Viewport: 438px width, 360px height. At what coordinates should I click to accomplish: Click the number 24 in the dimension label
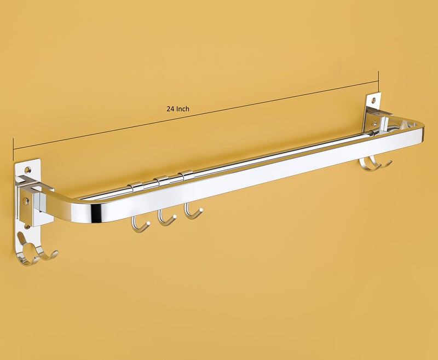(x=170, y=109)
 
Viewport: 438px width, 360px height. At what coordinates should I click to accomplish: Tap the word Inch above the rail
(x=182, y=109)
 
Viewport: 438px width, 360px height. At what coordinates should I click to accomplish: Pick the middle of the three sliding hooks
(x=165, y=218)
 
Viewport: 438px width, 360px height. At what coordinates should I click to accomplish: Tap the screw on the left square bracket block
(x=25, y=202)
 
